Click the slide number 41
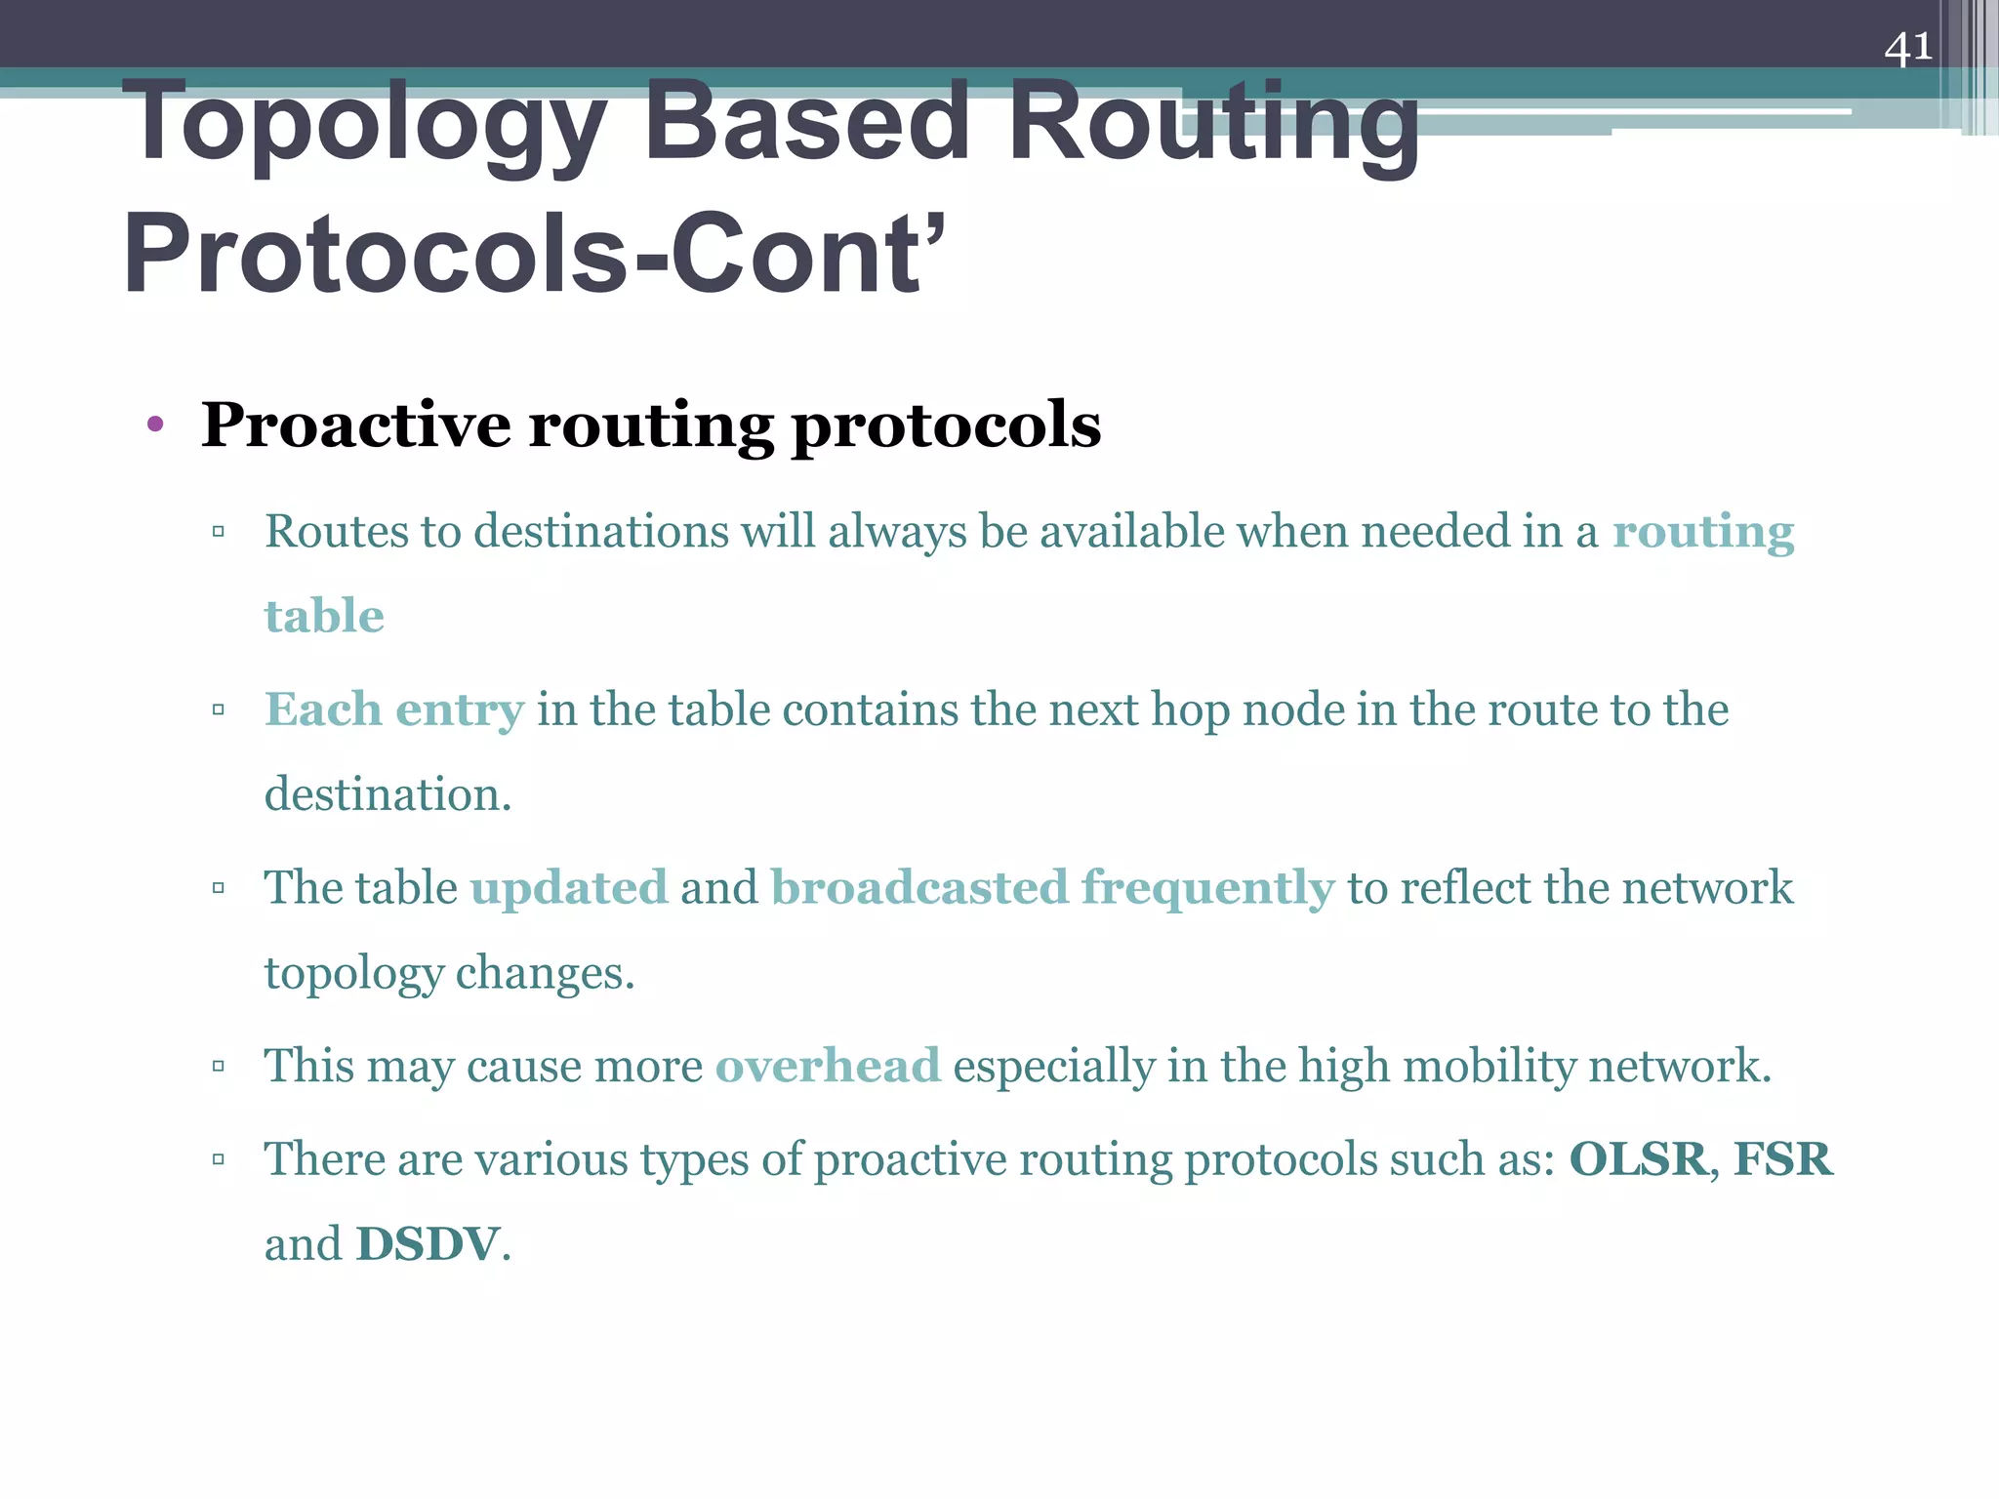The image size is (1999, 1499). tap(1907, 47)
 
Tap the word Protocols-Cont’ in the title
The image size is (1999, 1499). tap(534, 254)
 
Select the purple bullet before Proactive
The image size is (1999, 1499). tap(154, 425)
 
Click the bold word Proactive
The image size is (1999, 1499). tap(355, 425)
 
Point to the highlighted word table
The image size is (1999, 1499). tap(324, 617)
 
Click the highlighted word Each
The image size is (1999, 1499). tap(323, 709)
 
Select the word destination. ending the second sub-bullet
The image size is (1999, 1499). tap(388, 794)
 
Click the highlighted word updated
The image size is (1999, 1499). tap(569, 889)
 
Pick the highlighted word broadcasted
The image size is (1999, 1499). tap(919, 888)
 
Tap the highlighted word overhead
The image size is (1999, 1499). tap(828, 1066)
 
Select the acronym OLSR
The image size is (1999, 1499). tap(1638, 1159)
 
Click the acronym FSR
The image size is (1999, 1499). tap(1782, 1159)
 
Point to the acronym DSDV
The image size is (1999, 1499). tap(428, 1244)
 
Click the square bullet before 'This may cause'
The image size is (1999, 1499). tap(219, 1066)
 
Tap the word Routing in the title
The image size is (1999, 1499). tap(1213, 125)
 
